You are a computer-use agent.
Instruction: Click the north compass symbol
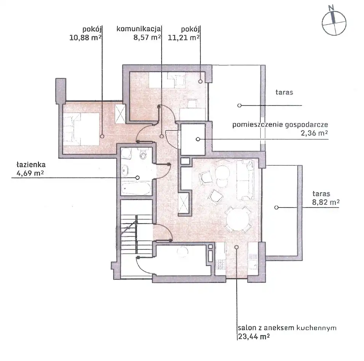334,23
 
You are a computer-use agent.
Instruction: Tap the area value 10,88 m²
85,37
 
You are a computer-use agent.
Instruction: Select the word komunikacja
139,29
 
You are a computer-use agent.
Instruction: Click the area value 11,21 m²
184,37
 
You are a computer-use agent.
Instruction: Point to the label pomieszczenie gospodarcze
280,125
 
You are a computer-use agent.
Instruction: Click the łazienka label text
31,165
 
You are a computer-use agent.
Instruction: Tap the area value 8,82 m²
326,202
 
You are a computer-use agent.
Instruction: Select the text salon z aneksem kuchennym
287,328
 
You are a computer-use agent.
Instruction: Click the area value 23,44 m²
254,336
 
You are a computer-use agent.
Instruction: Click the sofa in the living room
245,180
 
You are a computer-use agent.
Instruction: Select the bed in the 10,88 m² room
81,129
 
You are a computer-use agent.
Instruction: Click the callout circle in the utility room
198,139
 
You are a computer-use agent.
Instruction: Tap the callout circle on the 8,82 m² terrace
276,208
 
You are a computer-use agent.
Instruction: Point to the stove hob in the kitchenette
221,264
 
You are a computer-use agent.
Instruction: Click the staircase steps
136,235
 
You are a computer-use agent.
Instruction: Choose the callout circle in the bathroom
138,177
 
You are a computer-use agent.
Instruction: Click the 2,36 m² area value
314,133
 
